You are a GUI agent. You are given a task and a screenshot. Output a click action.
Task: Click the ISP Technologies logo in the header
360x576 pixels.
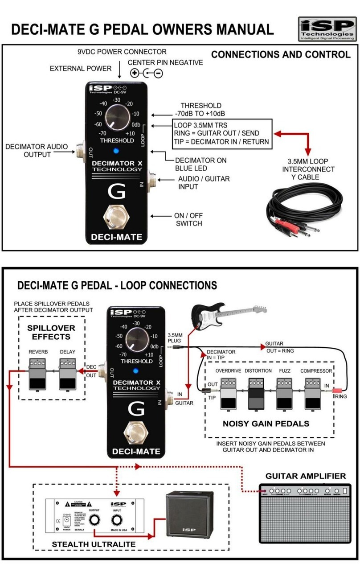(327, 29)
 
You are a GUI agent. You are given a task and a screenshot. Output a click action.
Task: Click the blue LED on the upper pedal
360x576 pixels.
(116, 150)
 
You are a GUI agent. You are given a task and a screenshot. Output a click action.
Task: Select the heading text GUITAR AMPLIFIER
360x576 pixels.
(306, 476)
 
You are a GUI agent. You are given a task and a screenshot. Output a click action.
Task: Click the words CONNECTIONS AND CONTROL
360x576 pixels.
(281, 54)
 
